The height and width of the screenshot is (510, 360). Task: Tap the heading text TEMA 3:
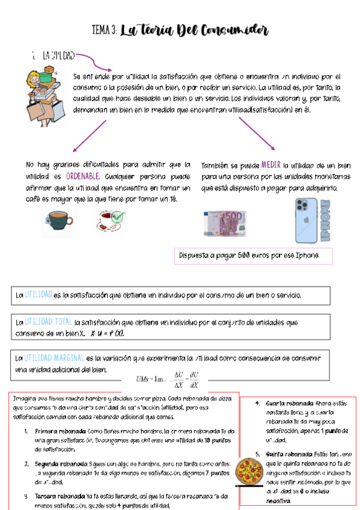105,31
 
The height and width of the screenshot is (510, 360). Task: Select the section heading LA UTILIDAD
58,55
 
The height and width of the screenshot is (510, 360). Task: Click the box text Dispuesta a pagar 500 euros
248,256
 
